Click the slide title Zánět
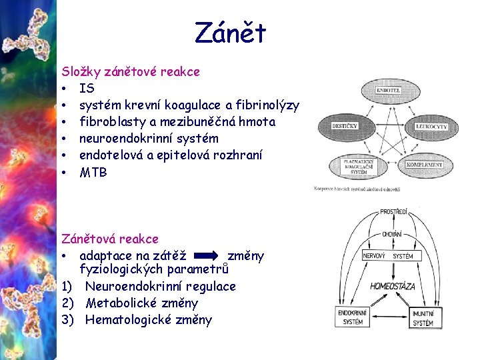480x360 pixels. (230, 32)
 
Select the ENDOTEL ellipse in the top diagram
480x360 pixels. (388, 89)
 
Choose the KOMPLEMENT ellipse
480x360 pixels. (424, 164)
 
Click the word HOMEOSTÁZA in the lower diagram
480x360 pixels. (393, 286)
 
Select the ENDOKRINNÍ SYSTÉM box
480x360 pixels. (351, 317)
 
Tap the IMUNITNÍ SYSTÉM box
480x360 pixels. (423, 317)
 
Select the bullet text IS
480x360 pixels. (87, 88)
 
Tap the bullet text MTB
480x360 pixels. (93, 172)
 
